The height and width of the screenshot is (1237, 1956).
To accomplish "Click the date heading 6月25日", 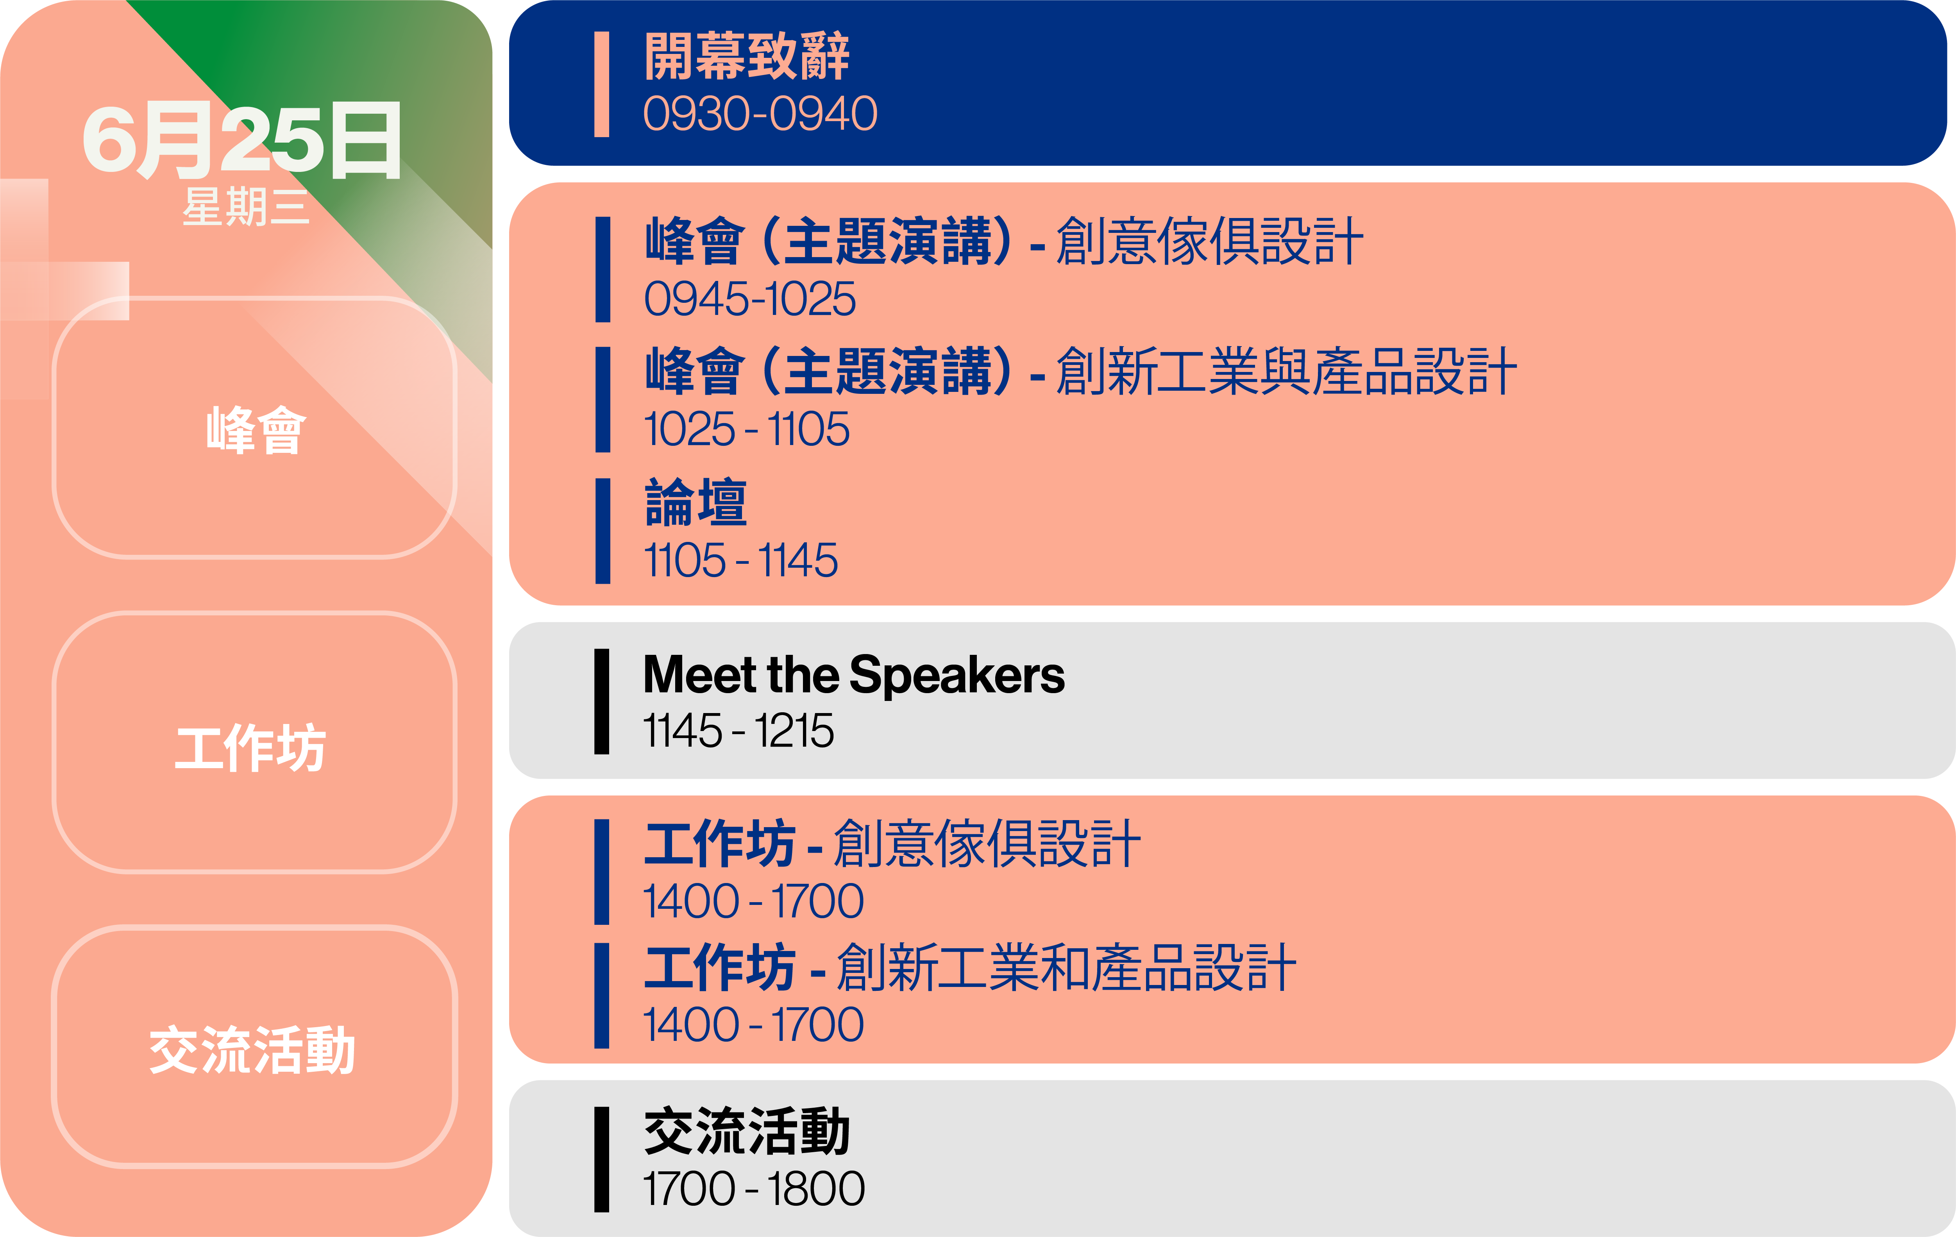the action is pyautogui.click(x=242, y=140).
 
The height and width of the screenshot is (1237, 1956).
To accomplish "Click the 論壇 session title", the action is pyautogui.click(x=696, y=503).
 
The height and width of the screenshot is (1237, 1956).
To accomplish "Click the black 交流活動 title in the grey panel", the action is pyautogui.click(x=747, y=1132).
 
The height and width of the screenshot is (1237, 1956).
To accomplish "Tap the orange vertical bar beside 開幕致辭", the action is pyautogui.click(x=602, y=84).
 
